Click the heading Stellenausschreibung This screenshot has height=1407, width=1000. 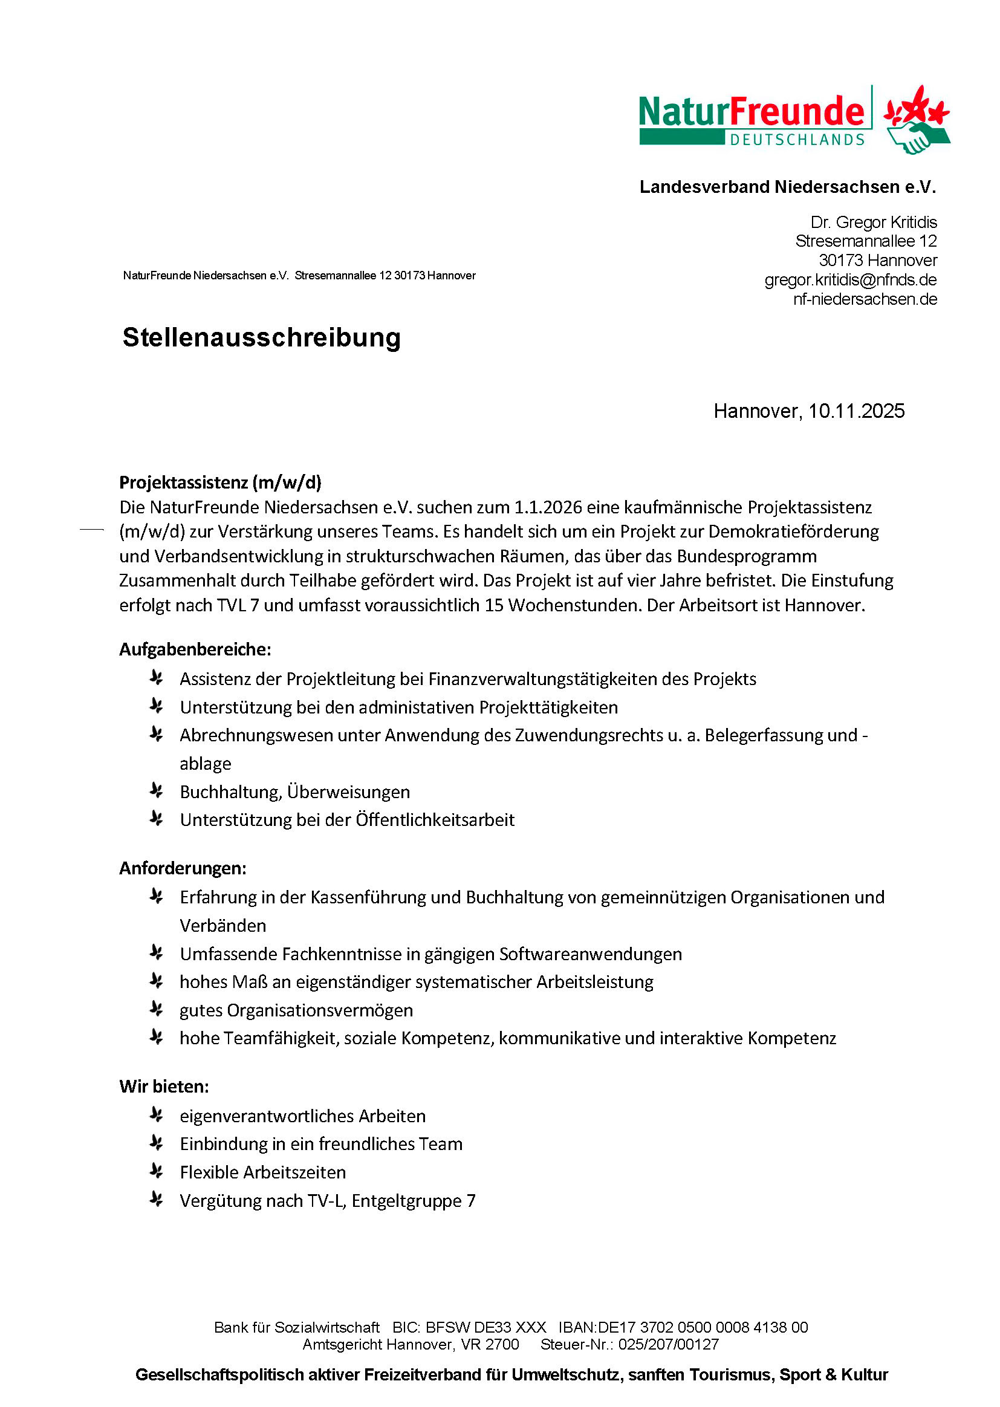click(x=261, y=337)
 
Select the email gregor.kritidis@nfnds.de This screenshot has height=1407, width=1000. click(x=851, y=280)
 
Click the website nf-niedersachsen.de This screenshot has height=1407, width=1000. click(x=865, y=299)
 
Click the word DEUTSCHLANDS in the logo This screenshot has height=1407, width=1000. click(x=797, y=140)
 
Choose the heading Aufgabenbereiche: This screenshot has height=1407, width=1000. click(x=195, y=649)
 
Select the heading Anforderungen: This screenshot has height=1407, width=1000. click(x=183, y=868)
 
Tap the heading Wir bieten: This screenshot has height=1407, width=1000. click(x=164, y=1086)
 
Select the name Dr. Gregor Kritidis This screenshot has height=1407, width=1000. click(x=873, y=223)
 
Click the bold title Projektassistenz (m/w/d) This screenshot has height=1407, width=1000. click(x=221, y=482)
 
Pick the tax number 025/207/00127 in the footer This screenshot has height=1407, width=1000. click(x=668, y=1344)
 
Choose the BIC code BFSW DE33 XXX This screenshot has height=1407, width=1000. click(x=485, y=1327)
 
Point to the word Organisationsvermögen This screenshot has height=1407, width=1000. click(x=320, y=1010)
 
